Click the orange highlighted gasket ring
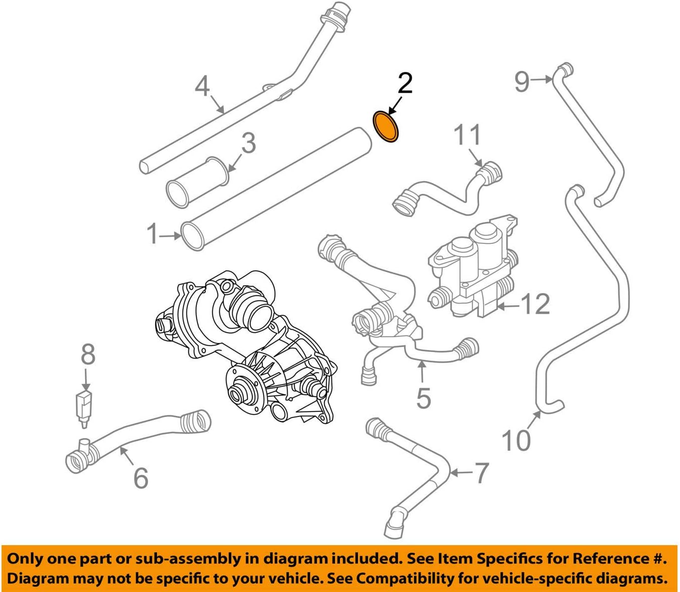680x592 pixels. coord(386,127)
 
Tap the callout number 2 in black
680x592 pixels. coord(404,83)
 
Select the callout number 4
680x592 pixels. coord(202,87)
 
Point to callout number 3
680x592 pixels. coord(248,143)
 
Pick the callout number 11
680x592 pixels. coord(467,135)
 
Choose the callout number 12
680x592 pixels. coord(535,304)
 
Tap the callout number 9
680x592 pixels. coord(521,81)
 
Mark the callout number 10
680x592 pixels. coord(516,440)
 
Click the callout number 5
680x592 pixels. coord(423,397)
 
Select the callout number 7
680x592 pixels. coord(481,473)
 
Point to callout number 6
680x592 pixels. coord(141,477)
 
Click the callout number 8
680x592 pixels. coord(88,355)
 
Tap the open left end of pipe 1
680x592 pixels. coord(192,237)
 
